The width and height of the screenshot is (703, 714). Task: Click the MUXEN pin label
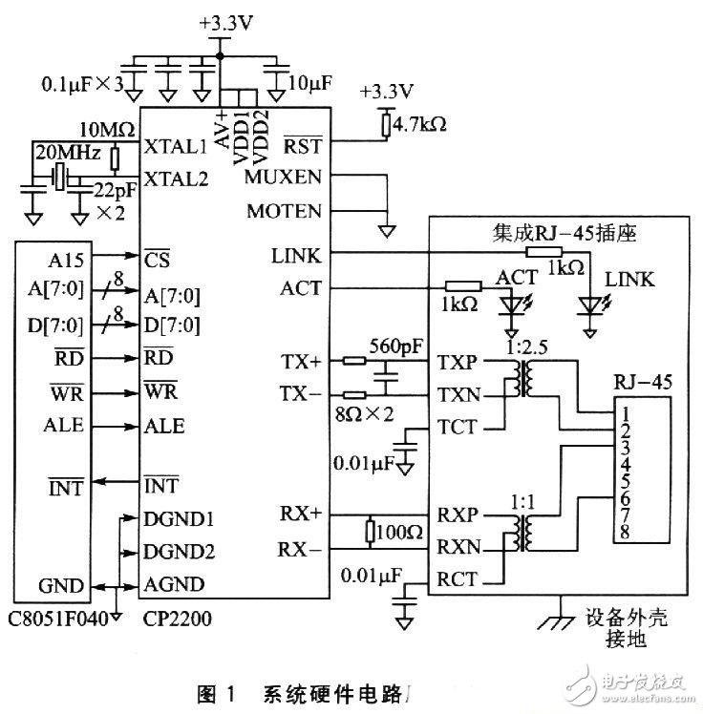[x=285, y=178]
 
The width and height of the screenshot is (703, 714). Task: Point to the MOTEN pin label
[x=284, y=210]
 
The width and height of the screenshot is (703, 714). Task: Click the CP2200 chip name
[x=178, y=618]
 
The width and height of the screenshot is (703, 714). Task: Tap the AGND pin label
[x=171, y=585]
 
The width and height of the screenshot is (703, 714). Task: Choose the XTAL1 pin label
[x=175, y=148]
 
